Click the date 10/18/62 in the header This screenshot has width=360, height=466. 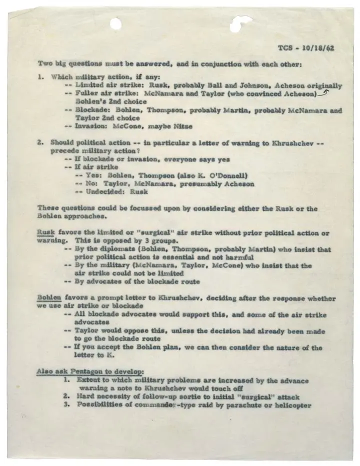tap(320, 48)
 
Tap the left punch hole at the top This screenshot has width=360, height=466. tap(116, 23)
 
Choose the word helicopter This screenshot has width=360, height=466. tap(291, 404)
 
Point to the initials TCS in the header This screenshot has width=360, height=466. tap(286, 48)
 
